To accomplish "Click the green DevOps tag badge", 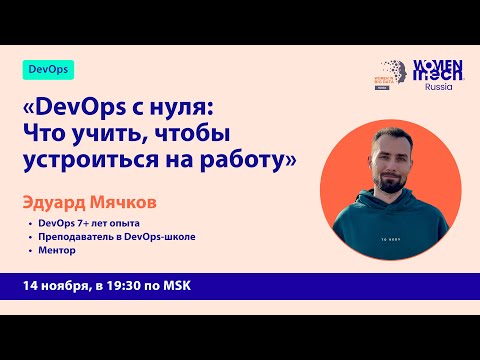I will pyautogui.click(x=47, y=70).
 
